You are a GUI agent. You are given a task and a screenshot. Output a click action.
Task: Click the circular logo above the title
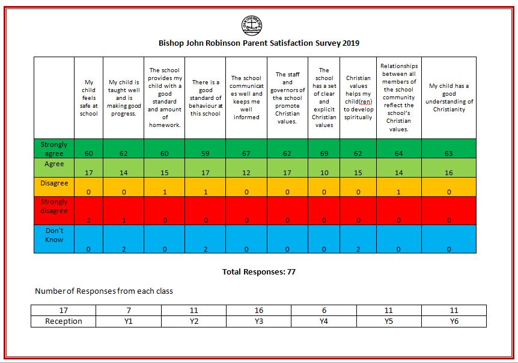pos(252,25)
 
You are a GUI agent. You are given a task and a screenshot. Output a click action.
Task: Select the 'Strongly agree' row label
pos(54,149)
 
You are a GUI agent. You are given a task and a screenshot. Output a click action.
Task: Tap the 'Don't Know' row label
pos(54,235)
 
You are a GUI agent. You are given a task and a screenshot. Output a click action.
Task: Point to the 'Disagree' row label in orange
pos(54,183)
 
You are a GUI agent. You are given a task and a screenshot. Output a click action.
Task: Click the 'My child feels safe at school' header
pos(88,98)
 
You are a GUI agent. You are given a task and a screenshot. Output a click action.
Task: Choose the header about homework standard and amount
pos(165,98)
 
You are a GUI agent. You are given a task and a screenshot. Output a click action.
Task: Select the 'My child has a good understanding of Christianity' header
pos(449,98)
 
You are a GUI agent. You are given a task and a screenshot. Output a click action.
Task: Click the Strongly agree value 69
pos(324,154)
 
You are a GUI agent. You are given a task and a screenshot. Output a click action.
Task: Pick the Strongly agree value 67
pos(246,154)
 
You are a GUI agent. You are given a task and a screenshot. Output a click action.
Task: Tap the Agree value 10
pos(325,173)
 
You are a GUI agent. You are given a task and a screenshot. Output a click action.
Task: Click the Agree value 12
pos(246,173)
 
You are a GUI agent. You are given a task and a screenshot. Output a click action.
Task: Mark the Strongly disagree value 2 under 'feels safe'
pos(88,220)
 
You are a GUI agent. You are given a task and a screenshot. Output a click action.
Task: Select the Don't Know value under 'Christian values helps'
pos(358,249)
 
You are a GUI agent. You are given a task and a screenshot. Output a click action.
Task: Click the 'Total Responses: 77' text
pos(258,272)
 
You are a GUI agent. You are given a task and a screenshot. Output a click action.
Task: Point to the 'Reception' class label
pos(64,321)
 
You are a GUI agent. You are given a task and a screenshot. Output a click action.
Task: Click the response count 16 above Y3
pos(258,311)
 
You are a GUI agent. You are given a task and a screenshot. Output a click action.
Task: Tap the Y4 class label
pos(324,321)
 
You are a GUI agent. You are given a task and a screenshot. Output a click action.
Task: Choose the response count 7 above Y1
pos(129,311)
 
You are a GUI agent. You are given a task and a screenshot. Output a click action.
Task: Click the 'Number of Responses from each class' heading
pos(104,291)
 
